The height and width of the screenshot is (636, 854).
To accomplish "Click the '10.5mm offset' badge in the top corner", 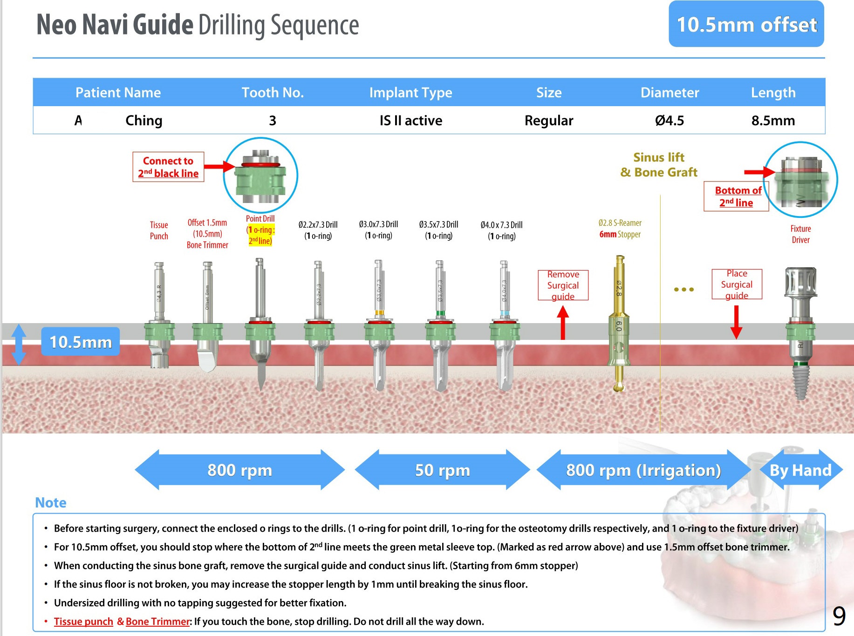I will [x=746, y=24].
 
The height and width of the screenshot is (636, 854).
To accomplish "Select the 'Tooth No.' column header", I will [x=273, y=93].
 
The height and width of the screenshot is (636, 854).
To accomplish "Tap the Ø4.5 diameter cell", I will [x=669, y=121].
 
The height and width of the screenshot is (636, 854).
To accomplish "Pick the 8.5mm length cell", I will [x=772, y=121].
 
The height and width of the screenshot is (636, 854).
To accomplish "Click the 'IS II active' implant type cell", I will [x=410, y=121].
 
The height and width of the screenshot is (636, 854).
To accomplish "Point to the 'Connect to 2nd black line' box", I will [x=168, y=167].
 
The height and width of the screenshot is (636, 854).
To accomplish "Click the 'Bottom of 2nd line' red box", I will [x=737, y=196].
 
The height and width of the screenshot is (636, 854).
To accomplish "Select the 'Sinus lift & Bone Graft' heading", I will [x=659, y=165].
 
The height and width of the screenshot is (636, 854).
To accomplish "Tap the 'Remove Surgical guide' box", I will [x=563, y=285].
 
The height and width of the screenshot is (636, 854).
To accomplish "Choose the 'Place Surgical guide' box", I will [x=737, y=284].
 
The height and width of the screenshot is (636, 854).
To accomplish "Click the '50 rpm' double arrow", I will [x=442, y=470].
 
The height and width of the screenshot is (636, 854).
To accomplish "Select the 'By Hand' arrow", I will [x=800, y=470].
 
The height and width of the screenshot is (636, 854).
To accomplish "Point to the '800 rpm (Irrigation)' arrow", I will [x=643, y=470].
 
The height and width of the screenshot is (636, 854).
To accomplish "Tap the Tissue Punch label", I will [x=159, y=230].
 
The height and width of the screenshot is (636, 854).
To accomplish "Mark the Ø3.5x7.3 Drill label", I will [x=438, y=230].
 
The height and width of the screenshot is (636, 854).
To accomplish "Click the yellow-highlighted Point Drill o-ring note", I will [x=260, y=235].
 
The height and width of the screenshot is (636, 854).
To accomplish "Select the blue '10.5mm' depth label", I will [x=81, y=342].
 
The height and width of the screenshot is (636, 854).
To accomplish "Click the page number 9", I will [x=839, y=616].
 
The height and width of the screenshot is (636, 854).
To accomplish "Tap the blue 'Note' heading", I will [x=51, y=503].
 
